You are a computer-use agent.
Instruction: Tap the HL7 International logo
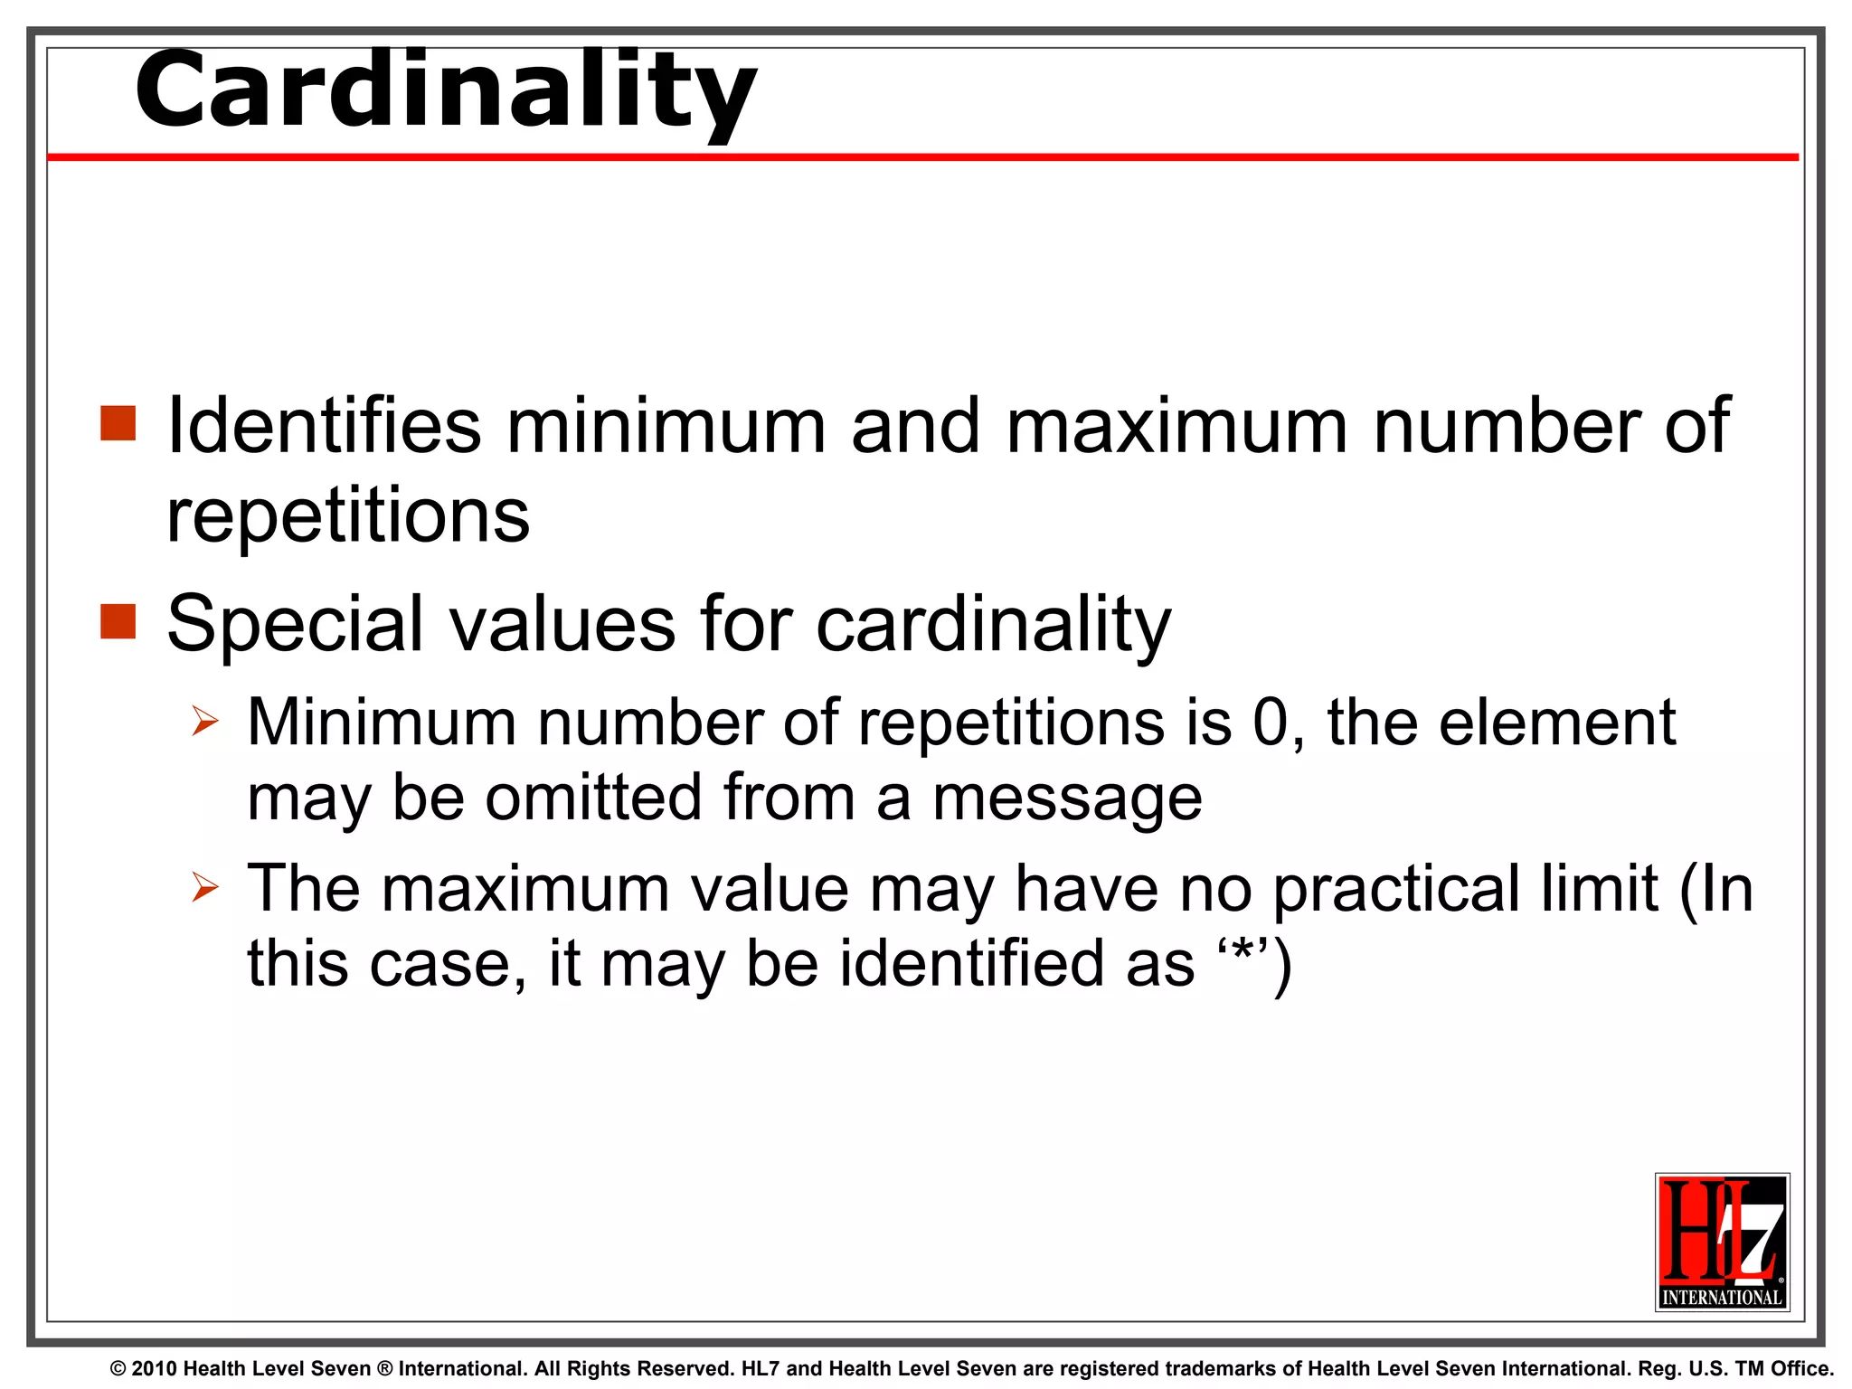click(x=1722, y=1242)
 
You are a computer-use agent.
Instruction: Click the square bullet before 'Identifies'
click(x=118, y=423)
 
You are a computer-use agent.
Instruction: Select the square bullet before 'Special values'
click(x=118, y=621)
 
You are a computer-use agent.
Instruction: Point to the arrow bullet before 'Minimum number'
click(x=205, y=722)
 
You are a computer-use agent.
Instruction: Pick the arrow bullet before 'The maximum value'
click(x=205, y=888)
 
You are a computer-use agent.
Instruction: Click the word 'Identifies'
click(x=324, y=425)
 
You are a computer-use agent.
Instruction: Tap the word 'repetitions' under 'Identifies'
click(x=348, y=517)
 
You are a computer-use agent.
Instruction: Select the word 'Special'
click(x=295, y=624)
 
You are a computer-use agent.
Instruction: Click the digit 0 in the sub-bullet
click(x=1270, y=723)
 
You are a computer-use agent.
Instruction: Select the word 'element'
click(x=1556, y=723)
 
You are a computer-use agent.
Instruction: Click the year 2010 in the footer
click(x=154, y=1369)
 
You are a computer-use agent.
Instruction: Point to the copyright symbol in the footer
click(x=118, y=1369)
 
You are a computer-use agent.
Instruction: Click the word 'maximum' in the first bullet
click(x=1176, y=425)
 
